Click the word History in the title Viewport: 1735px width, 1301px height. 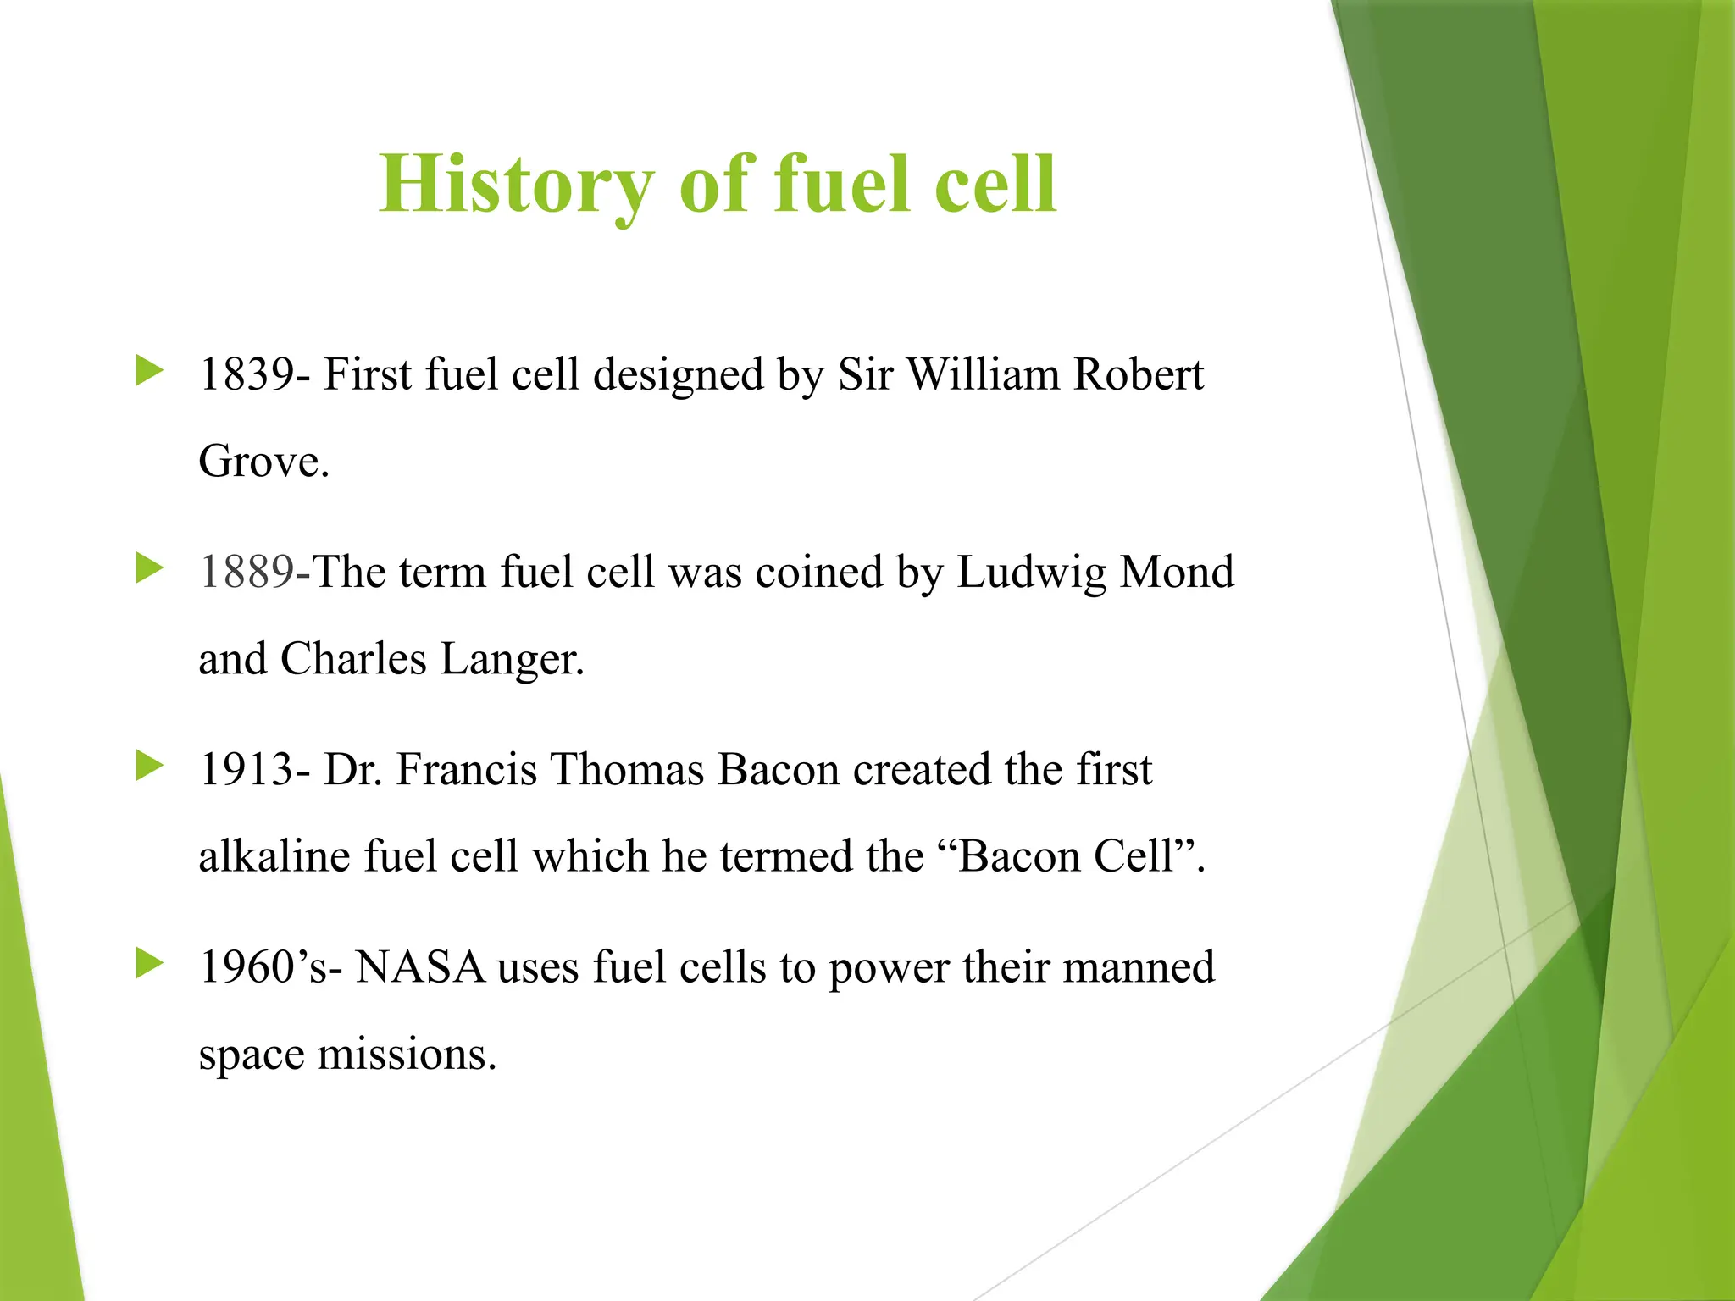pos(516,184)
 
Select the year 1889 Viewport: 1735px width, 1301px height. pos(246,572)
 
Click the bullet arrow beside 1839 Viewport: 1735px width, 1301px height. pos(149,371)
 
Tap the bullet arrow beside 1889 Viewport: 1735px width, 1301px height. pos(149,568)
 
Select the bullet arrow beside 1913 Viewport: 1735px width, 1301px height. pos(149,767)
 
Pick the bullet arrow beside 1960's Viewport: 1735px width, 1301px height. pos(149,964)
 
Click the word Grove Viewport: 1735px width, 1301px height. pos(263,462)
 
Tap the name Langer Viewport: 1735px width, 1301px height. pos(512,660)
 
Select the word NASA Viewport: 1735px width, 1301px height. pos(420,967)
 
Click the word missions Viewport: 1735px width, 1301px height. pos(406,1055)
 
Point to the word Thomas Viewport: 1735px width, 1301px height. pos(627,770)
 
